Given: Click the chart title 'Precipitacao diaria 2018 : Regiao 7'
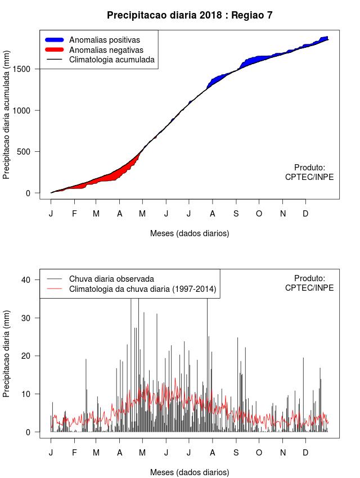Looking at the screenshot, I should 190,15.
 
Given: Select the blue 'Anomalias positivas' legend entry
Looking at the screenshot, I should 104,40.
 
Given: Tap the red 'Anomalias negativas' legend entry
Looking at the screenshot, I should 106,49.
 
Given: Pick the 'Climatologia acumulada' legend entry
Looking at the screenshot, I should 111,59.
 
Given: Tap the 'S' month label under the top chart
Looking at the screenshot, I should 236,214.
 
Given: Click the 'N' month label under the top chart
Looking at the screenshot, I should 283,214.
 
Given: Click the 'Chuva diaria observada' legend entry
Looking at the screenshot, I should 111,278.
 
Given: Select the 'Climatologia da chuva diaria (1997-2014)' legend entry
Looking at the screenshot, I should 142,289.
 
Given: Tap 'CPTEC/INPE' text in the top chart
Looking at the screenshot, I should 309,177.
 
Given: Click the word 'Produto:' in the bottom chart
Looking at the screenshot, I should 309,278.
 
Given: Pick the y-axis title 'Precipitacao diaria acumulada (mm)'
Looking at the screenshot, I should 7,120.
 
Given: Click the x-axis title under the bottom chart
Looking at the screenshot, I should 190,472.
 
